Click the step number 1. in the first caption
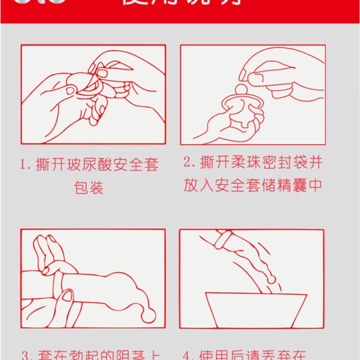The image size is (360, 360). (x=26, y=165)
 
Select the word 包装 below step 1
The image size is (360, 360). (x=88, y=188)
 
